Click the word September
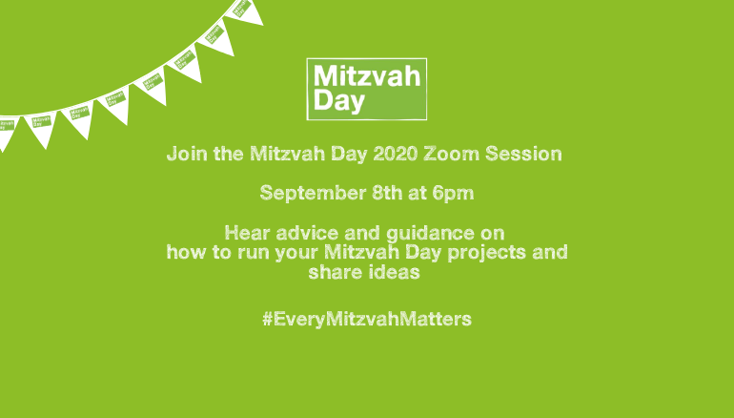coord(314,193)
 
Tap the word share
coord(329,272)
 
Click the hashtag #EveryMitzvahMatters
coord(367,319)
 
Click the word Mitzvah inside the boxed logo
coord(367,76)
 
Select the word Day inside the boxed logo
coord(339,101)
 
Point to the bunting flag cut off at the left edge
coord(7,132)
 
